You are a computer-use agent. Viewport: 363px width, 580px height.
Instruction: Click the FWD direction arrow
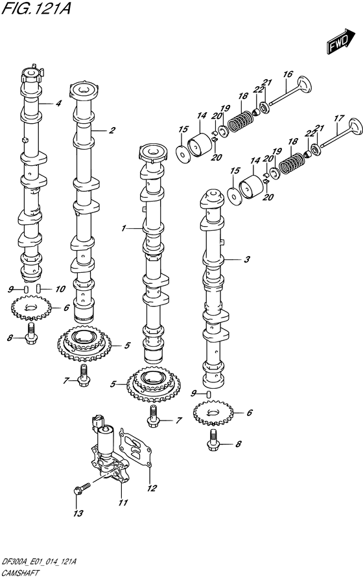tap(340, 40)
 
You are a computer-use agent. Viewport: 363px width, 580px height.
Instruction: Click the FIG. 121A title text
tap(36, 8)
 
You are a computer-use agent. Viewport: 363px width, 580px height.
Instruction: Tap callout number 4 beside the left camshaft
tap(58, 104)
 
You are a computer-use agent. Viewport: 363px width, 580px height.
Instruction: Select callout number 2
tap(111, 130)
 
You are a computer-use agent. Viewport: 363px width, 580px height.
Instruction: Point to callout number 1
tap(124, 229)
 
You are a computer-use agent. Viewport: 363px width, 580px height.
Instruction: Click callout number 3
tap(247, 260)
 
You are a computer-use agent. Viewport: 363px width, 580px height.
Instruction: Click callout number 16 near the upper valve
tap(288, 75)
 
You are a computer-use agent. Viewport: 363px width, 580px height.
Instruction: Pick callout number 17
tap(339, 119)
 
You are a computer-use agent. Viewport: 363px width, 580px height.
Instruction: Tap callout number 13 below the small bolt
tap(78, 513)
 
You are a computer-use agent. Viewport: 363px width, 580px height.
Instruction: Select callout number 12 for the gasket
tap(152, 488)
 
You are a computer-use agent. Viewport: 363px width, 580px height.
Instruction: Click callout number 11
tap(123, 502)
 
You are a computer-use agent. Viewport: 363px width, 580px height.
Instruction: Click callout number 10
tap(60, 289)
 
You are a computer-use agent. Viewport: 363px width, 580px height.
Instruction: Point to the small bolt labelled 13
tap(82, 487)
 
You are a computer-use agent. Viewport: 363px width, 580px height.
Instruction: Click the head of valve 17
tap(356, 127)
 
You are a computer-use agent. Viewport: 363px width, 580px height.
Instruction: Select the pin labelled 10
tap(39, 288)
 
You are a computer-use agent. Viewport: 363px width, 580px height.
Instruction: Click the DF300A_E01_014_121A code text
tap(39, 563)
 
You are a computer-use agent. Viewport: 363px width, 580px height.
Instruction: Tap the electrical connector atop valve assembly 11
tap(98, 422)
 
